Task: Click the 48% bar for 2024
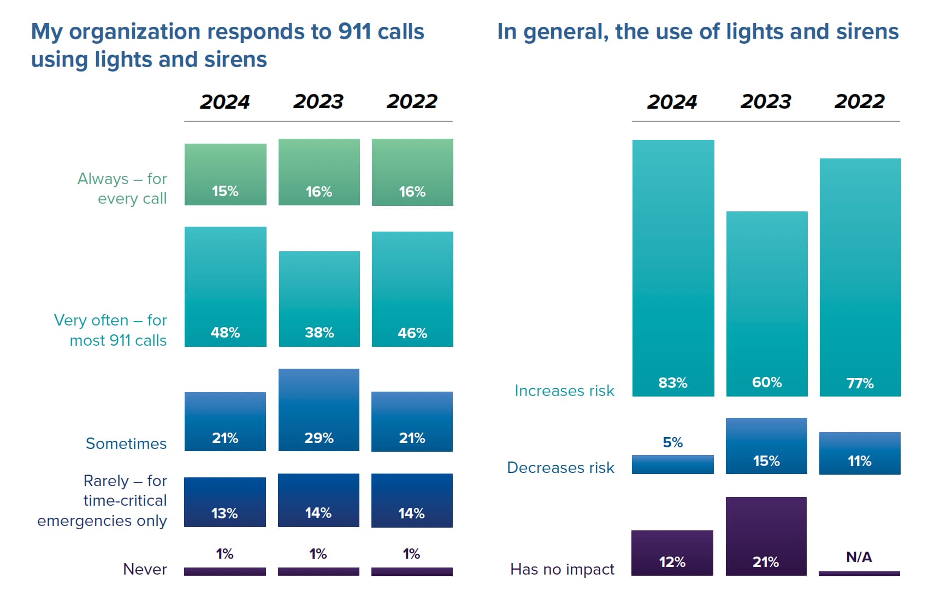(x=225, y=286)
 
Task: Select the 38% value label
(x=319, y=333)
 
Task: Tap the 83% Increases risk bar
(x=673, y=268)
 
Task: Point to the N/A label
(x=859, y=557)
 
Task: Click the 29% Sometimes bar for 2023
(x=319, y=410)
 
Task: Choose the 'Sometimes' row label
(x=126, y=444)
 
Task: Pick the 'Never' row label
(x=145, y=569)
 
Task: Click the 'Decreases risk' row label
(x=560, y=468)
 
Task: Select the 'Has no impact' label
(x=562, y=569)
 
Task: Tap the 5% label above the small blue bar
(x=672, y=442)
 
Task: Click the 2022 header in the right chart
(x=859, y=102)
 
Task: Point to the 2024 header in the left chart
(x=224, y=102)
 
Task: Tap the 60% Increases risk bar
(x=766, y=303)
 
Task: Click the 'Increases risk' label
(x=564, y=391)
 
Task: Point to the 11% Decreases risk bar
(x=859, y=453)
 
